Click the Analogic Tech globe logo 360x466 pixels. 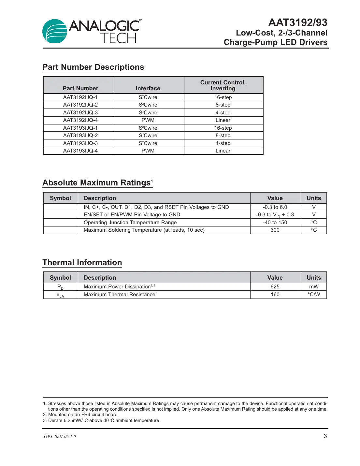pyautogui.click(x=55, y=31)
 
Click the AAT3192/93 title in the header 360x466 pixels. pyautogui.click(x=297, y=22)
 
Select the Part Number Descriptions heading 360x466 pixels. pyautogui.click(x=93, y=67)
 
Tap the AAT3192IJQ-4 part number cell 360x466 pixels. pyautogui.click(x=80, y=120)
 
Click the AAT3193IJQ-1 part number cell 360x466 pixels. pyautogui.click(x=80, y=128)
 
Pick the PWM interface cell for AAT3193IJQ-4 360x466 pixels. pyautogui.click(x=148, y=151)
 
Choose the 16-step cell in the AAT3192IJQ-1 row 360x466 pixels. pyautogui.click(x=223, y=97)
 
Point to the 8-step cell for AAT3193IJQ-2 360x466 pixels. pyautogui.click(x=223, y=136)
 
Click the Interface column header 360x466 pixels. pyautogui.click(x=148, y=88)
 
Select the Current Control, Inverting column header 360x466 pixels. pyautogui.click(x=223, y=85)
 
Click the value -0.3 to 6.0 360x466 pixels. pyautogui.click(x=275, y=207)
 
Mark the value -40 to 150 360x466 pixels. pyautogui.click(x=275, y=223)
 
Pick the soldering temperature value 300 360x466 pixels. pyautogui.click(x=275, y=230)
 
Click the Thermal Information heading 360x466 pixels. pyautogui.click(x=82, y=263)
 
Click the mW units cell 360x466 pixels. pyautogui.click(x=314, y=287)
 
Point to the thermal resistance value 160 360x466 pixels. pyautogui.click(x=275, y=295)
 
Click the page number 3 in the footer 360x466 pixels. pyautogui.click(x=325, y=436)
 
